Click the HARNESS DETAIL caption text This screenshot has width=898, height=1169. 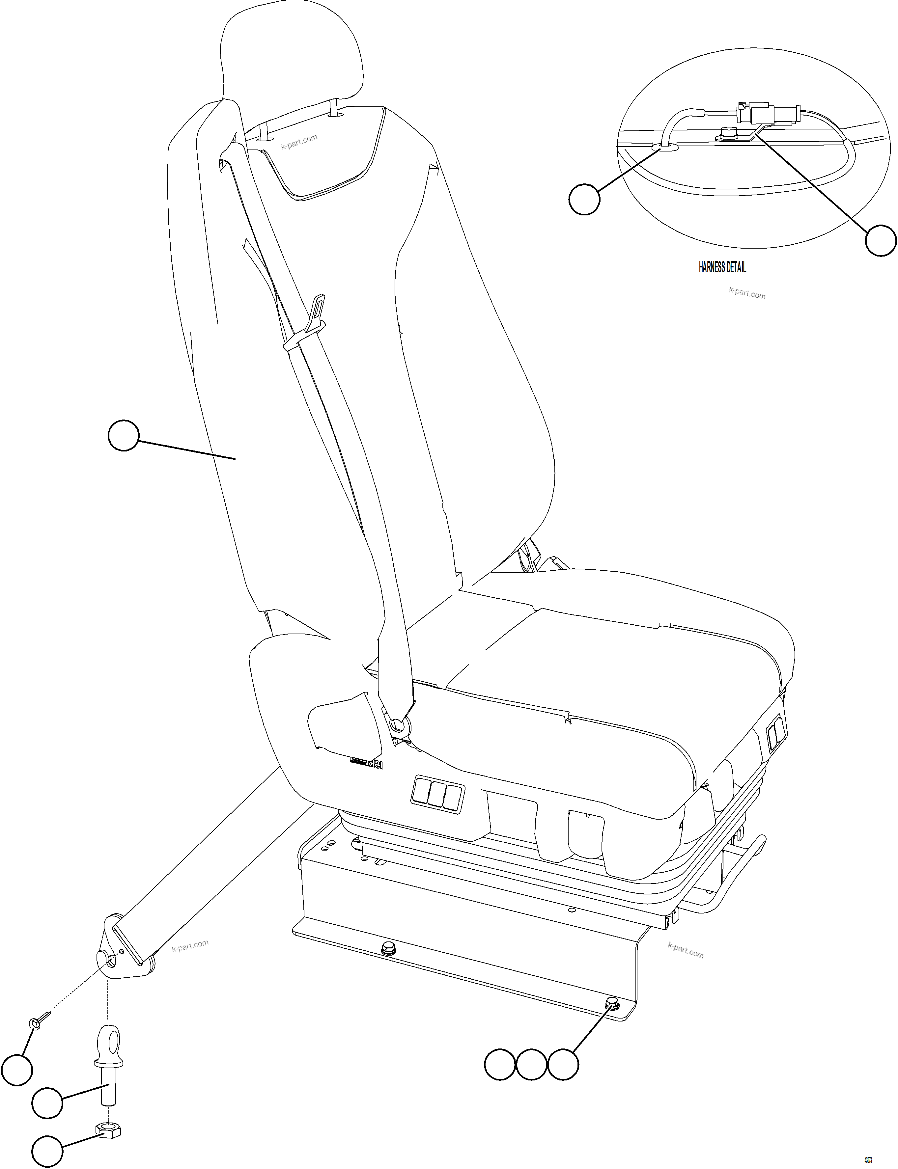722,267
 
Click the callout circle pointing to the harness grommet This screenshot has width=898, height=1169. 584,199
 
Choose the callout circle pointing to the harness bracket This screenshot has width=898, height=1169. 881,240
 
